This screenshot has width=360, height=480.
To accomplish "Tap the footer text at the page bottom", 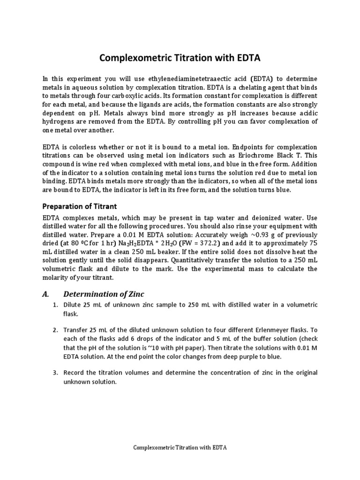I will pos(180,448).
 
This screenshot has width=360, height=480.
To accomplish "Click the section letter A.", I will pos(45,294).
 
